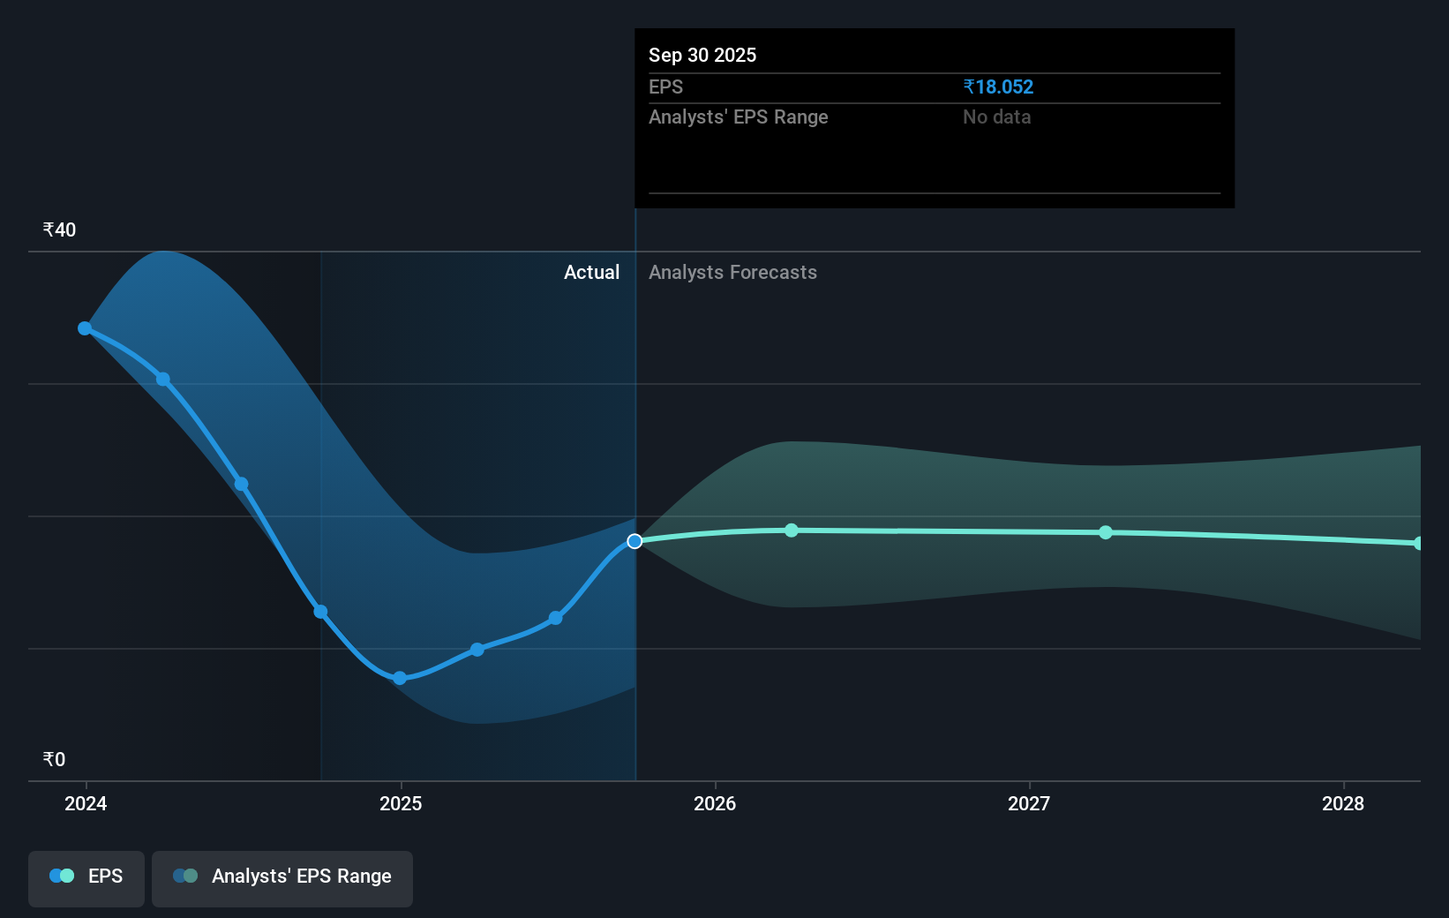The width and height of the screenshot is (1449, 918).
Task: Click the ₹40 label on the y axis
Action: tap(59, 229)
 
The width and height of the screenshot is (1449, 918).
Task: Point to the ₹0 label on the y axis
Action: tap(55, 759)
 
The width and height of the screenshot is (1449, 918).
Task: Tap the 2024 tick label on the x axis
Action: tap(86, 803)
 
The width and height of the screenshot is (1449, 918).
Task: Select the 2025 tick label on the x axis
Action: tap(401, 803)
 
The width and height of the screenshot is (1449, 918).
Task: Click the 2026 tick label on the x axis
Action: tap(715, 803)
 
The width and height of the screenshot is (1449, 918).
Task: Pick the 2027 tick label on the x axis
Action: tap(1029, 803)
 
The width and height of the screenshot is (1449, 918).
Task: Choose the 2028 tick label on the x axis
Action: tap(1343, 803)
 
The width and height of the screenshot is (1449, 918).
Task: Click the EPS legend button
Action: tap(86, 878)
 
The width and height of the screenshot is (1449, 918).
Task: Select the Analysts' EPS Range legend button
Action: tap(282, 878)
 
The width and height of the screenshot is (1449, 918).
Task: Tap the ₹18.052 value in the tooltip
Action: tap(998, 87)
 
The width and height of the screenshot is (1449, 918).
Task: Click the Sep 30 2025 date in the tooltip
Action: tap(702, 55)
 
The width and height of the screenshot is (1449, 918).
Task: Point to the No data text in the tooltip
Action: tap(997, 117)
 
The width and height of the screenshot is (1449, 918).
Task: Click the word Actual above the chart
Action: tap(591, 273)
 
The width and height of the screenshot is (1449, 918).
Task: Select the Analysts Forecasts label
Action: tap(733, 273)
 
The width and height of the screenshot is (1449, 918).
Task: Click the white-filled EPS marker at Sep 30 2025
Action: tap(634, 541)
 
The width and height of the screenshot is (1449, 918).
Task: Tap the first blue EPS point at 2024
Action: tap(85, 328)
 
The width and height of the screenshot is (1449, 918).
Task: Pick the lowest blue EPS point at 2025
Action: tap(400, 678)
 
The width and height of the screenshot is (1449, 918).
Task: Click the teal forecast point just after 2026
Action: tap(792, 530)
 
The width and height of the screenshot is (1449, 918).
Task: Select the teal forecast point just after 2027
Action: tap(1106, 532)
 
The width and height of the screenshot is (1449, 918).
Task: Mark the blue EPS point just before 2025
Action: tap(320, 612)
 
